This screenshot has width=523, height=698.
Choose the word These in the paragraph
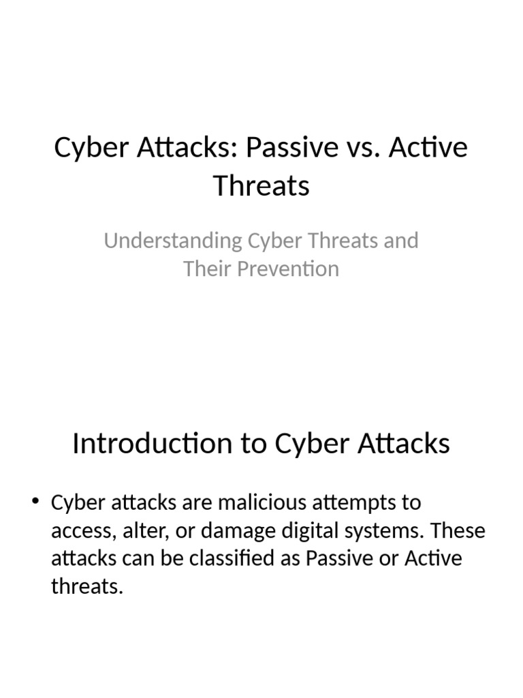(x=459, y=531)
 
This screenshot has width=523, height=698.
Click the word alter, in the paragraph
(x=140, y=531)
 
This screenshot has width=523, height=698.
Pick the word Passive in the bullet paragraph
(x=342, y=559)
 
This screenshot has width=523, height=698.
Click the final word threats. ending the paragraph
(x=87, y=587)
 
